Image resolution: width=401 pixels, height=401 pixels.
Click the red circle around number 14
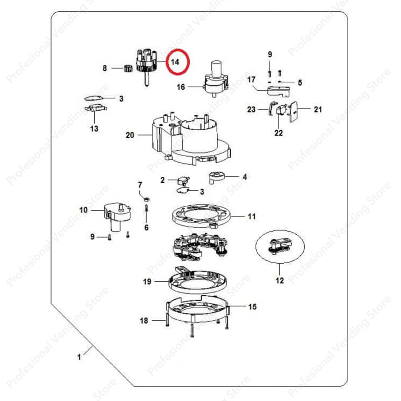166,62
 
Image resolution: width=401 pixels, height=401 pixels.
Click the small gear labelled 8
128,69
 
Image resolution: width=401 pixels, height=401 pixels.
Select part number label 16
181,87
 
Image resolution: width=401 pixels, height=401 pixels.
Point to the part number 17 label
251,79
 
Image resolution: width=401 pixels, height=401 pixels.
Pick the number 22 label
278,133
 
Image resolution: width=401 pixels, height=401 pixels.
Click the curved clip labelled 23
272,108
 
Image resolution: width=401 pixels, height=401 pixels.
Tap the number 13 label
94,128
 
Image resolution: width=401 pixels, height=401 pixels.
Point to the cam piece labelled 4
216,177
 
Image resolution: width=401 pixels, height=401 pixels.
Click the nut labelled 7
147,199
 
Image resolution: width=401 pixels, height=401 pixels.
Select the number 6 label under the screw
146,227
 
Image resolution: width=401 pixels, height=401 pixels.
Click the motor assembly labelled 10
118,216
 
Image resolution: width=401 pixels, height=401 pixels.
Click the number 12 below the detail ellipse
280,281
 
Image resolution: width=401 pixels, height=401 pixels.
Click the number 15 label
252,306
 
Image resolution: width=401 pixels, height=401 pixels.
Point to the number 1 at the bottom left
79,357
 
